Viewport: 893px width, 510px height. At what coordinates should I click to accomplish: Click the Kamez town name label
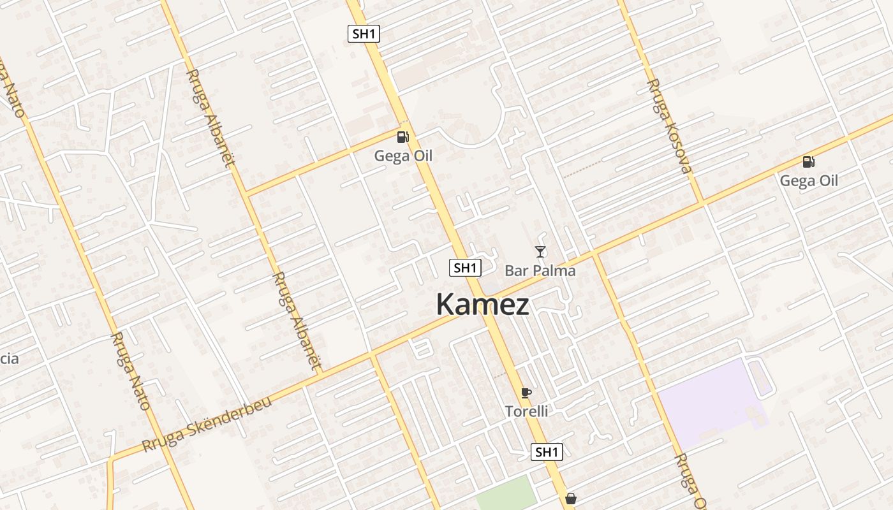(482, 305)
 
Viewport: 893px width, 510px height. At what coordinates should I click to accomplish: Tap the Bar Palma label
(540, 271)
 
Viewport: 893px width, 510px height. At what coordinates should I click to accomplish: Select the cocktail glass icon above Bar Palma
(540, 252)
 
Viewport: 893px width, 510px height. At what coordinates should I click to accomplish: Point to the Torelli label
(526, 411)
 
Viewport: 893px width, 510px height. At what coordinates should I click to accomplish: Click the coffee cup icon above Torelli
(526, 393)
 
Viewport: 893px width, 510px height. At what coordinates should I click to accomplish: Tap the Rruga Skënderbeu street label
(207, 423)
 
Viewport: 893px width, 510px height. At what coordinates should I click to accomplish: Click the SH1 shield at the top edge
(364, 34)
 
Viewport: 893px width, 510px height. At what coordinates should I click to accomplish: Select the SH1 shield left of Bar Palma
(465, 268)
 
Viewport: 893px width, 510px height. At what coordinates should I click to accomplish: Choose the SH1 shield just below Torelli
(547, 452)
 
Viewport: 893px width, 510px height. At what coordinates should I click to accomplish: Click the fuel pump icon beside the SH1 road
(402, 136)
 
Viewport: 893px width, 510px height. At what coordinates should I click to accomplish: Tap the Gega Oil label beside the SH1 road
(403, 156)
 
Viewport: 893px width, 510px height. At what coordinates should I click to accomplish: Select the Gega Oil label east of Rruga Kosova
(809, 180)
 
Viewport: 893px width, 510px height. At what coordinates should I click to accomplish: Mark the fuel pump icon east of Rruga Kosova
(808, 162)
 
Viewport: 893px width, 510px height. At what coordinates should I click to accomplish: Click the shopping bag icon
(571, 498)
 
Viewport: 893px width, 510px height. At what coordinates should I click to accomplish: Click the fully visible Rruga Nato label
(130, 370)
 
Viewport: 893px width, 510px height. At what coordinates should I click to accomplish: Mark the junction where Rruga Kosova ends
(702, 203)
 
